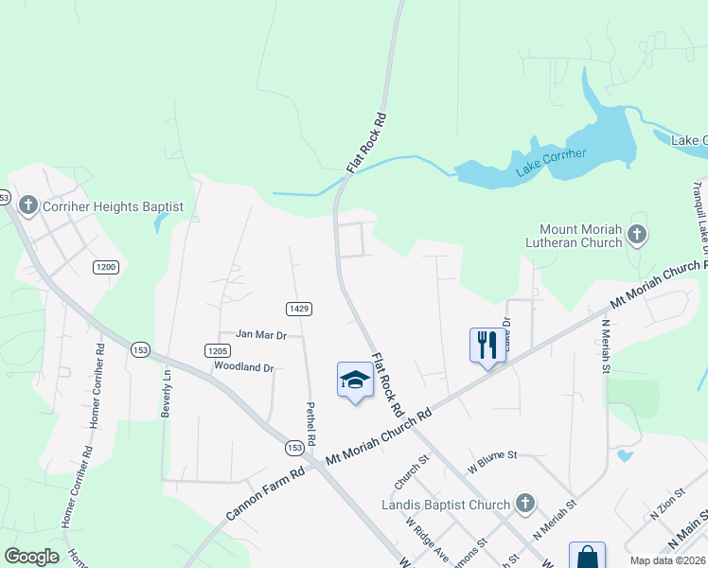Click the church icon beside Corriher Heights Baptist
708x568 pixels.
pos(28,205)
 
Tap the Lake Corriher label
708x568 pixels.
pos(551,163)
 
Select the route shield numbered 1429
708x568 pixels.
pos(299,309)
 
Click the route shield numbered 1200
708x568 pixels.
pos(105,268)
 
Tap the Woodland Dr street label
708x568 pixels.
pos(243,366)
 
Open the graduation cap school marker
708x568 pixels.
pos(355,381)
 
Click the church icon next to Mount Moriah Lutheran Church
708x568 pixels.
pos(638,234)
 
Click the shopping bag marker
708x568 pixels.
pos(586,557)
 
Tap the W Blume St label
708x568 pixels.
pos(492,455)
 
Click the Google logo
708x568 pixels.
pos(31,557)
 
